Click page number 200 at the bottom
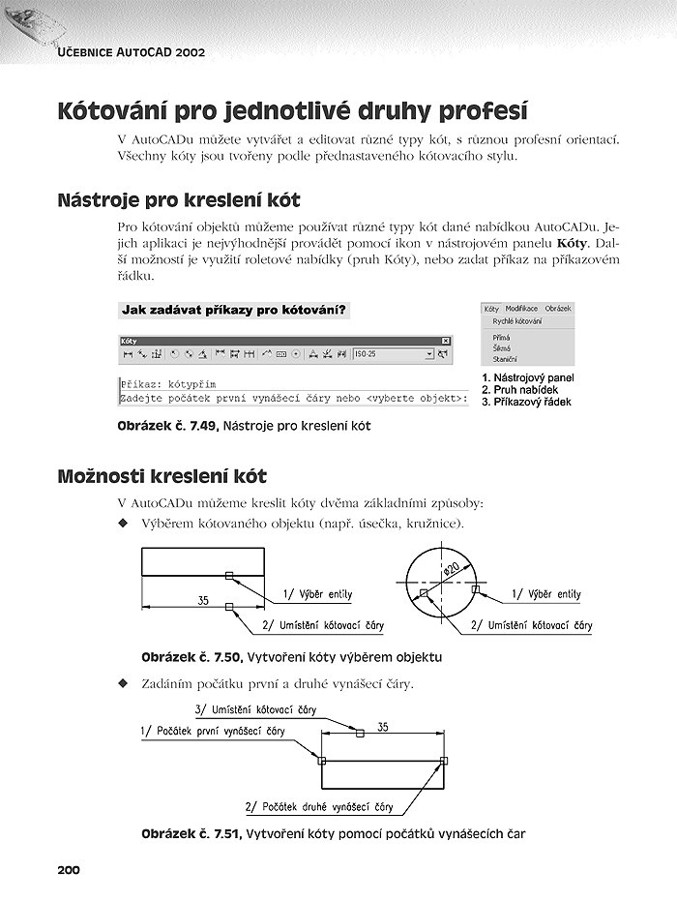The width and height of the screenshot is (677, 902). click(x=69, y=870)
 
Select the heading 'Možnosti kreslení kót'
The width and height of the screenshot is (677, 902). click(x=162, y=476)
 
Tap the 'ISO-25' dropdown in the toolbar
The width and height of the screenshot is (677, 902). click(x=393, y=355)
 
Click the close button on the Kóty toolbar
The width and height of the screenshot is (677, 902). click(x=446, y=341)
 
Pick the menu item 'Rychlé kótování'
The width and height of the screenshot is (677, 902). click(x=516, y=320)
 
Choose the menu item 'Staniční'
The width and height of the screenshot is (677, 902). click(x=505, y=358)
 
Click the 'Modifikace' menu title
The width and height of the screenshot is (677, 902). click(x=521, y=308)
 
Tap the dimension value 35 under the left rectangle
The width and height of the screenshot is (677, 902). click(x=203, y=600)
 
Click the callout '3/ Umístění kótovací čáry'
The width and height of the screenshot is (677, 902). click(x=255, y=709)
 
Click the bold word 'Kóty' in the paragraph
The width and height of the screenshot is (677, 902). click(x=574, y=242)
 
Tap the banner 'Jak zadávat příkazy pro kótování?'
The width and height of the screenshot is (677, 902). click(x=232, y=310)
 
